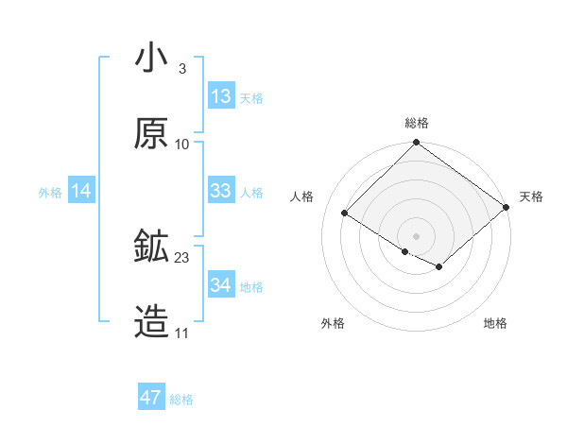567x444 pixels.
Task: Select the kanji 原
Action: point(151,134)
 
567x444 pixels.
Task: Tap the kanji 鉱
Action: point(151,248)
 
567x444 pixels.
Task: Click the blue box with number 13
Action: point(221,96)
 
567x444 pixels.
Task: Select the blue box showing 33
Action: point(221,191)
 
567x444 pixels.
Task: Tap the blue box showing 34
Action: point(221,285)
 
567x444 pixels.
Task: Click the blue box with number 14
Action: point(81,191)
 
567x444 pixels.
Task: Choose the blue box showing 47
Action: point(151,398)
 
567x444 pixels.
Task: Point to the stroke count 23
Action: point(182,257)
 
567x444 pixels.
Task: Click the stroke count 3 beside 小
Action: point(181,68)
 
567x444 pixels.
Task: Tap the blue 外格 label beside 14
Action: point(50,192)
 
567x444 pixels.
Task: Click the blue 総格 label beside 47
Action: point(181,400)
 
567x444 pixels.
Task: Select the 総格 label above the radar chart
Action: point(417,123)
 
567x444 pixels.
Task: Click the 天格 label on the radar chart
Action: point(531,196)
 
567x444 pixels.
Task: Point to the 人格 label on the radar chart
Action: point(302,196)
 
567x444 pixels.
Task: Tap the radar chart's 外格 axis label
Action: point(333,323)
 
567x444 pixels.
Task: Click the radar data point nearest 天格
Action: point(507,208)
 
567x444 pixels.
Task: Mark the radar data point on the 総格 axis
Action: point(417,144)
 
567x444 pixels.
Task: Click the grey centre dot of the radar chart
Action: point(417,235)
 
